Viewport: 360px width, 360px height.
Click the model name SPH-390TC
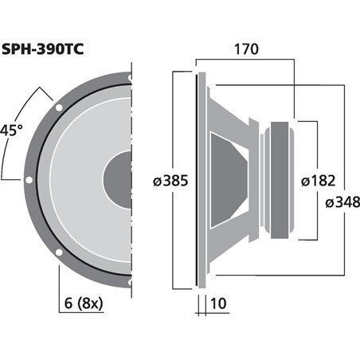44,45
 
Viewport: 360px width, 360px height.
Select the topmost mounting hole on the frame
127,77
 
